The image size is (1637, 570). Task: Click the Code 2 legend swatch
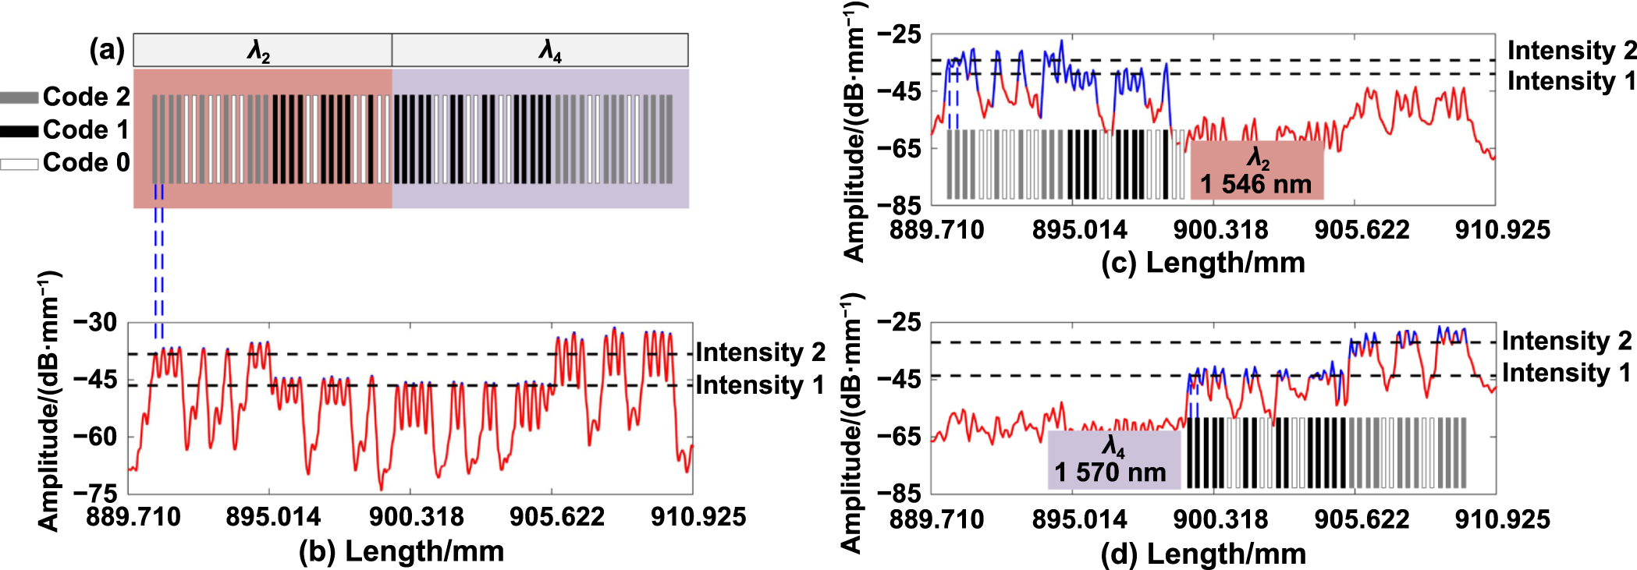click(19, 97)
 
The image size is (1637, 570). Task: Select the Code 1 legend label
click(86, 129)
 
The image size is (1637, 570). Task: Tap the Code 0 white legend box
click(19, 164)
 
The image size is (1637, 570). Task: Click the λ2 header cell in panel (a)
click(261, 51)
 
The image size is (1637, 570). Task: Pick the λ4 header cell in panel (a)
click(540, 51)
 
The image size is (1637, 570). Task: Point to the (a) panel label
click(107, 50)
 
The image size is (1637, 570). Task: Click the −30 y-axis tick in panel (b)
click(94, 322)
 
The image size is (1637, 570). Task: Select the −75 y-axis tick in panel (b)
click(94, 493)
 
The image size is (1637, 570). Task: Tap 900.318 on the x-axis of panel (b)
click(416, 517)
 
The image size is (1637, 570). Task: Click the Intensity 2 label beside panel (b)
click(760, 352)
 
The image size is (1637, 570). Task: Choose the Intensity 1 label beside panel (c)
click(1571, 81)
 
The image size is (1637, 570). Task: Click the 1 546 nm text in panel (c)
click(1255, 185)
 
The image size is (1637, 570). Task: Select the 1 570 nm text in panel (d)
click(1110, 473)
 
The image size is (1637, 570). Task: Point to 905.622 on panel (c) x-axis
click(1362, 230)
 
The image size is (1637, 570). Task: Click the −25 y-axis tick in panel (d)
click(899, 322)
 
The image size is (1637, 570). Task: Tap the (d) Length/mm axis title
click(1203, 554)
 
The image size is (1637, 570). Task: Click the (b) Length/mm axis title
click(401, 551)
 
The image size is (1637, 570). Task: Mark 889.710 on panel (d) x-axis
click(936, 519)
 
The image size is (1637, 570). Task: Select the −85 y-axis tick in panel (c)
click(899, 205)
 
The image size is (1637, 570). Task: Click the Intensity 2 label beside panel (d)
click(1566, 341)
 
